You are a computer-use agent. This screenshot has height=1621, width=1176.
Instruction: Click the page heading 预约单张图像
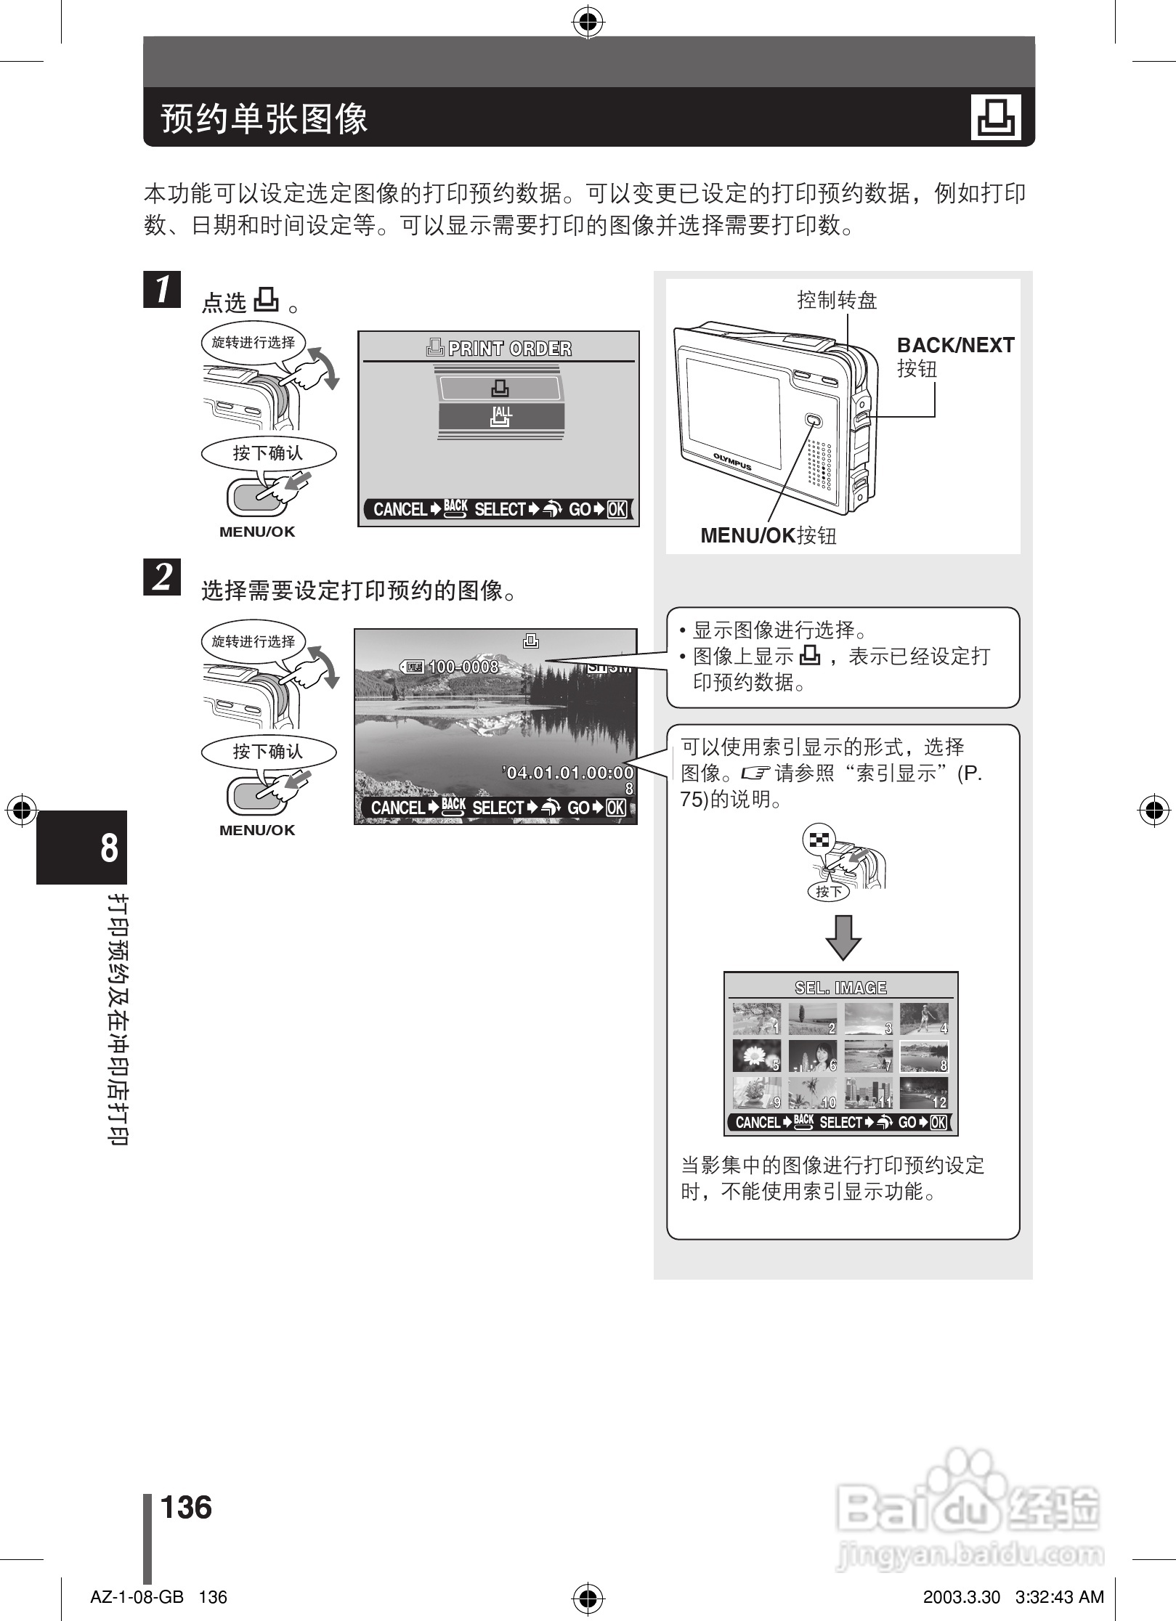coord(264,118)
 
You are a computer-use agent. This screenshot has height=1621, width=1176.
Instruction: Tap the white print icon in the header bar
coord(996,117)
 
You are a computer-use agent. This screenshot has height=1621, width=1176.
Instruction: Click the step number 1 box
coord(162,289)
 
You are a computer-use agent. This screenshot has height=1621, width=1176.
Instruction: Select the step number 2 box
coord(162,577)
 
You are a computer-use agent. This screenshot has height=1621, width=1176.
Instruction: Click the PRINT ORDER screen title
coord(500,349)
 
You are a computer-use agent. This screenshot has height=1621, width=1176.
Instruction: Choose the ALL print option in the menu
coord(501,416)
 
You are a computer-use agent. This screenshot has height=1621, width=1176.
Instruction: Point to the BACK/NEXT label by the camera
coord(955,346)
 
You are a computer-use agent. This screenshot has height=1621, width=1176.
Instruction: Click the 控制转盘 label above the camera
coord(837,300)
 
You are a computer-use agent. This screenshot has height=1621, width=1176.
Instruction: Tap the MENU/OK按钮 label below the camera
coord(768,536)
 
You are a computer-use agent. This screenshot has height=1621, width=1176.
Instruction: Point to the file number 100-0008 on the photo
coord(463,667)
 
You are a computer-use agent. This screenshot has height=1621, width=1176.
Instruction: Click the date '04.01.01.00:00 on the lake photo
coord(568,773)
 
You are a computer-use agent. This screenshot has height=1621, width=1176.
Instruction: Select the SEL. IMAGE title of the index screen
coord(840,988)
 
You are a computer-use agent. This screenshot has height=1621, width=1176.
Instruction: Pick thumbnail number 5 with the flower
coord(756,1056)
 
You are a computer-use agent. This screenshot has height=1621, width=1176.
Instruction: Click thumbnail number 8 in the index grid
coord(924,1056)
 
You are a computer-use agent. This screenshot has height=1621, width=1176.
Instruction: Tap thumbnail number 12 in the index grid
coord(924,1093)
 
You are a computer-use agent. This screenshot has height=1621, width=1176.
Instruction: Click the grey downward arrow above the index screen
coord(843,937)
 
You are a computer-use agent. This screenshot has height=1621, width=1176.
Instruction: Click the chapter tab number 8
coord(109,848)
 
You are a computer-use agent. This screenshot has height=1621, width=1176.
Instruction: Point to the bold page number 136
coord(186,1507)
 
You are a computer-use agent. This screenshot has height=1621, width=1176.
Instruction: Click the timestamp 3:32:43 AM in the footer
coord(1059,1597)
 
